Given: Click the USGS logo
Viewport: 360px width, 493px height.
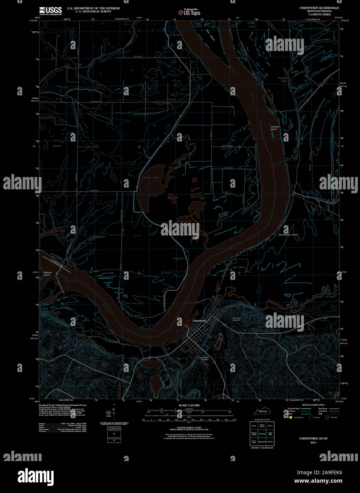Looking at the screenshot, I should [50, 10].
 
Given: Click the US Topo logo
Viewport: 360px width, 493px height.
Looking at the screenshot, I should [189, 12].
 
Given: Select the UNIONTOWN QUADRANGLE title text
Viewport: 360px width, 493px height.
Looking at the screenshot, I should [314, 8].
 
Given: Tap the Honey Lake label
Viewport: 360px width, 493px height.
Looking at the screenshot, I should [151, 177].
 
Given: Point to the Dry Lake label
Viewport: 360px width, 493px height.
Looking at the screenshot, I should [173, 197].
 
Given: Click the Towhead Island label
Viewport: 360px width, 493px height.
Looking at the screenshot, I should [274, 128].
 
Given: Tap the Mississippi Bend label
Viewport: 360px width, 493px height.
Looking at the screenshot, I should [288, 235].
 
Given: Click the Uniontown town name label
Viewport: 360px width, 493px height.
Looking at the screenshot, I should [199, 321].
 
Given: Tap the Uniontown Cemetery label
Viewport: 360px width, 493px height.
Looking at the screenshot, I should [236, 319].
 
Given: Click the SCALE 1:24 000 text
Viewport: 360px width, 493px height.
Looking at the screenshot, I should [189, 405].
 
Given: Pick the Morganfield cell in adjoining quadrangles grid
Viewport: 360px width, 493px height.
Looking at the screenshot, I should [262, 442].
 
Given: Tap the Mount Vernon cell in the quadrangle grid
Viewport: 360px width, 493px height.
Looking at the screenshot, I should [262, 426].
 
